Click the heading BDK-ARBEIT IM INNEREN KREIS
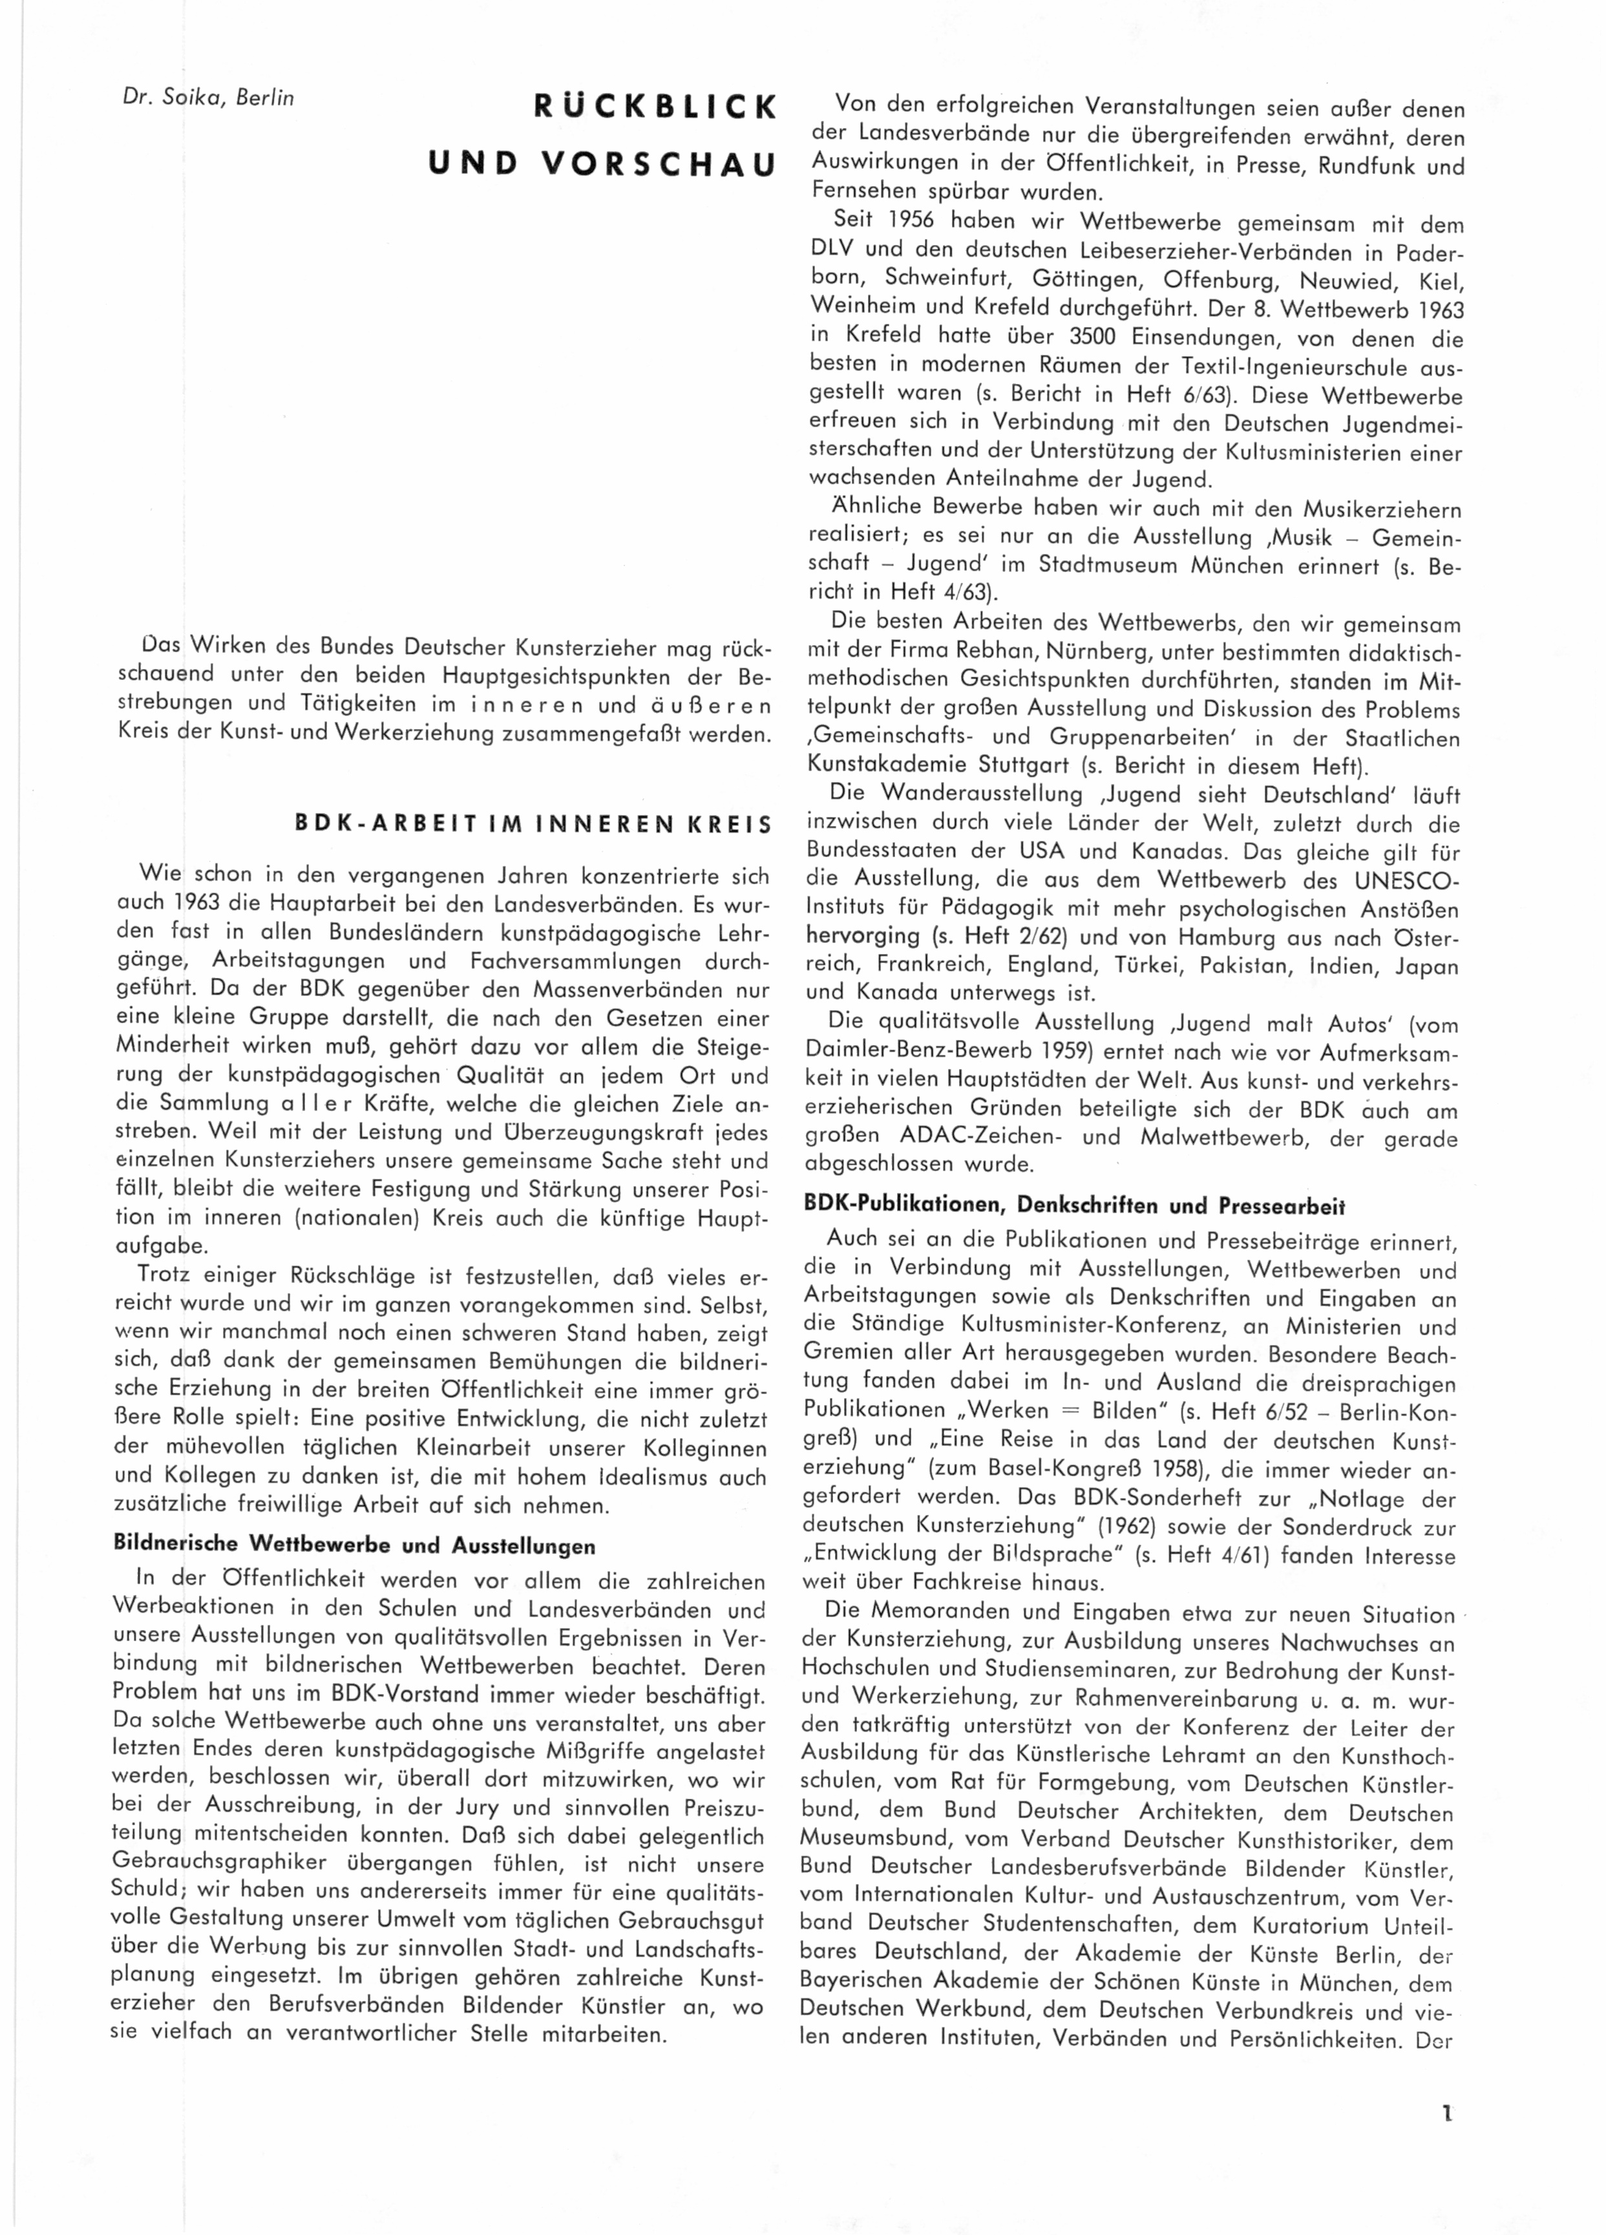[x=534, y=824]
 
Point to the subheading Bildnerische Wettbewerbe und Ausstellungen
[x=355, y=1543]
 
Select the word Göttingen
[x=1086, y=278]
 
